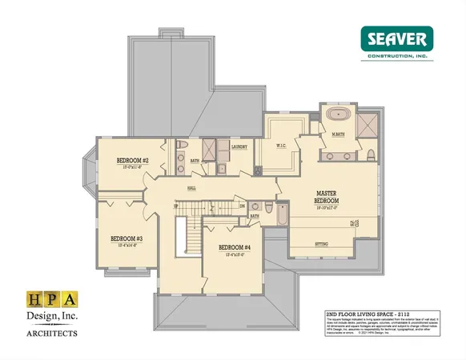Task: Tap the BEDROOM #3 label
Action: [x=126, y=238]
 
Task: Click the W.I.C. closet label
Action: [x=282, y=146]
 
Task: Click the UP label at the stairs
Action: [x=176, y=206]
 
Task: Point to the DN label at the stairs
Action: [x=243, y=206]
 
